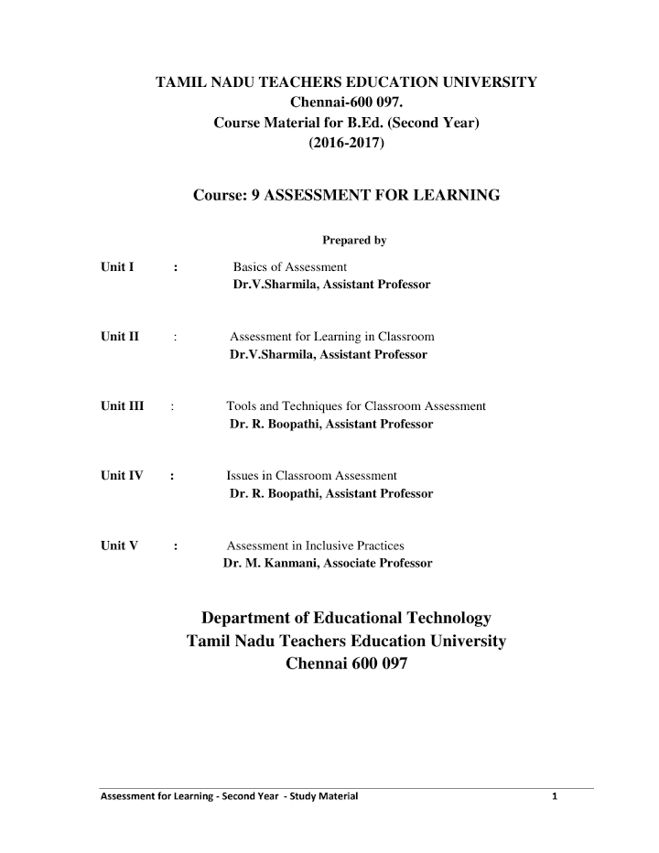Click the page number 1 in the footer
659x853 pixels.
(555, 795)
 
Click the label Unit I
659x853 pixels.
(118, 267)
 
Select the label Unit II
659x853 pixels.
(120, 336)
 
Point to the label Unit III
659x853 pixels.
(123, 405)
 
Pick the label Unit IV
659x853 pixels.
(122, 476)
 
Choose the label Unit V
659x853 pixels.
(119, 545)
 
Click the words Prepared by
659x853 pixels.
(355, 241)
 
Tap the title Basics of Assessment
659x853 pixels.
(290, 267)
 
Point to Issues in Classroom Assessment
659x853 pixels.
(311, 476)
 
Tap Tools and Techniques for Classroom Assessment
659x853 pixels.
(356, 405)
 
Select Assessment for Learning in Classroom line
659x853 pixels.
(331, 336)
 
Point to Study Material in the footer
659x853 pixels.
(325, 795)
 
